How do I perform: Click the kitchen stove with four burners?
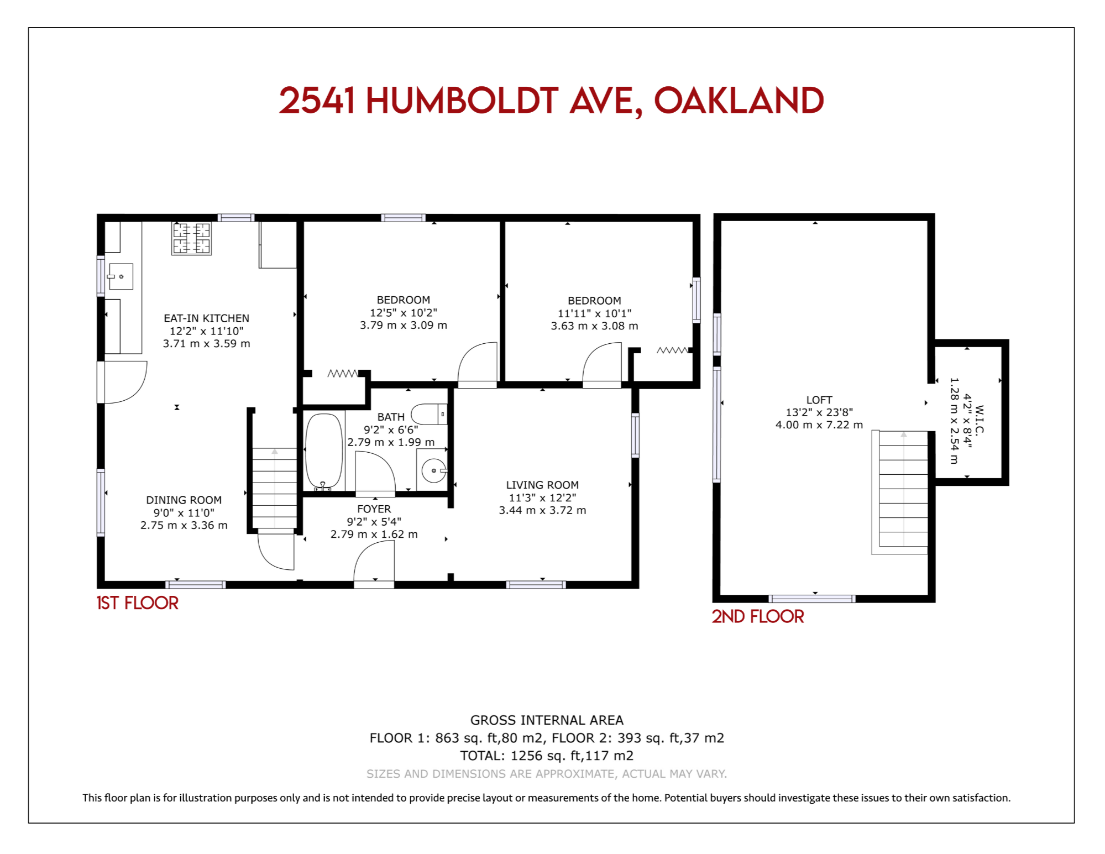(191, 238)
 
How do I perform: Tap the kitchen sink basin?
(121, 276)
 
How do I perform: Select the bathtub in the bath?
(324, 451)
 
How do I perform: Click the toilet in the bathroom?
(429, 413)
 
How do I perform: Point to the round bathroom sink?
(433, 470)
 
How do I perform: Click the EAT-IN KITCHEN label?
(206, 318)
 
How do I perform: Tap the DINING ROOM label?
(184, 500)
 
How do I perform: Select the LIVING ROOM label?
(542, 485)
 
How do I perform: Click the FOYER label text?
(374, 509)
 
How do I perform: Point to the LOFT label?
(819, 400)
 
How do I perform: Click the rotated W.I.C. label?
(980, 420)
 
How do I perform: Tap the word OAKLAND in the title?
(739, 101)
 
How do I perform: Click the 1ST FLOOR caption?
(138, 603)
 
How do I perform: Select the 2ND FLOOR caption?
(758, 616)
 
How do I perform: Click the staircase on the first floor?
(275, 489)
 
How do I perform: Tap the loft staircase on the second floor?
(900, 492)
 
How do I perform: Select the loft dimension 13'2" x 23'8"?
(819, 412)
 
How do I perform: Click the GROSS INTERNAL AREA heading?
(547, 720)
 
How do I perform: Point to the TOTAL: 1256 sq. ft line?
(547, 756)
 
